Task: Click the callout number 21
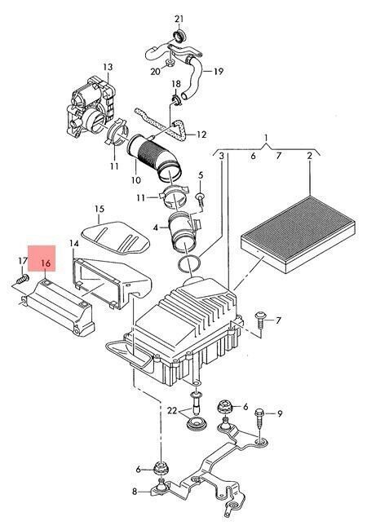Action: click(179, 19)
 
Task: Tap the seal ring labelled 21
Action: click(179, 35)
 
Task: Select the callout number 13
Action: click(108, 67)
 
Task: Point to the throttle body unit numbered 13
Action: click(91, 108)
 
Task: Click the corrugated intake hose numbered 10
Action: click(155, 157)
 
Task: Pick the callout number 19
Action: click(219, 71)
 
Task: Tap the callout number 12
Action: click(201, 135)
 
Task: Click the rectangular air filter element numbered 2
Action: click(298, 234)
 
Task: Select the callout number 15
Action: click(99, 209)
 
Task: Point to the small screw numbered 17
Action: click(23, 279)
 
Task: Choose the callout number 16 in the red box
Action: click(46, 263)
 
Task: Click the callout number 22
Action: click(172, 411)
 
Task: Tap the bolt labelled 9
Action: click(259, 421)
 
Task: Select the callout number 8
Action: click(135, 491)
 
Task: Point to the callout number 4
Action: click(155, 227)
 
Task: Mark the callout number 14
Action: click(74, 243)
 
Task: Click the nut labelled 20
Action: click(170, 63)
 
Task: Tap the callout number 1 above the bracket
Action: click(267, 138)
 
